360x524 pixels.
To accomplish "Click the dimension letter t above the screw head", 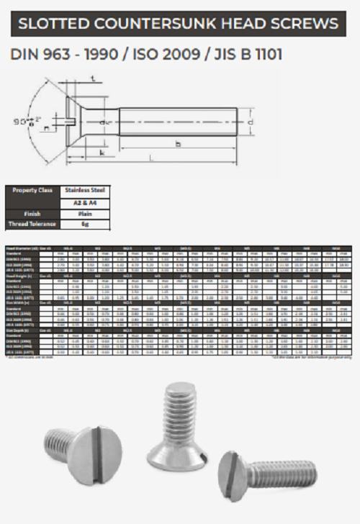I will (94, 78).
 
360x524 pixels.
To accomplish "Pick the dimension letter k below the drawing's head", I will (102, 153).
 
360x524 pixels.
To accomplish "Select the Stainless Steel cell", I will (86, 191).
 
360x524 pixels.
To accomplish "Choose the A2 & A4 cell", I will (86, 202).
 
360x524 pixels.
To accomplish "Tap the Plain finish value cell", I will (86, 214).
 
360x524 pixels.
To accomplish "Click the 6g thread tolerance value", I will (86, 225).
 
